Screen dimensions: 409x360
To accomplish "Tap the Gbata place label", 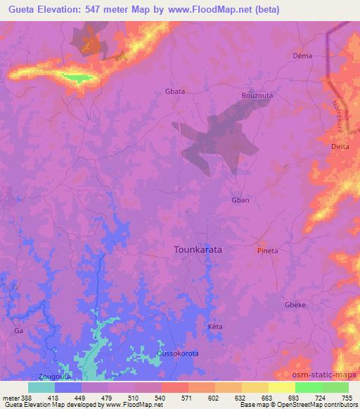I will (175, 92).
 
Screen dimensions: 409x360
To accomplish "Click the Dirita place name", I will (340, 147).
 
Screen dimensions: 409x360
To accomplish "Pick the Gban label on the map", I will (240, 200).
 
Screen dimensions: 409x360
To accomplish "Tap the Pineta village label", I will (268, 250).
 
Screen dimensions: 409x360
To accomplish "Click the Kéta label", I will (215, 328).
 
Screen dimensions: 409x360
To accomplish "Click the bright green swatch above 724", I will (309, 387).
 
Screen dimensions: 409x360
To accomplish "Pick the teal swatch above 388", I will (41, 387).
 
